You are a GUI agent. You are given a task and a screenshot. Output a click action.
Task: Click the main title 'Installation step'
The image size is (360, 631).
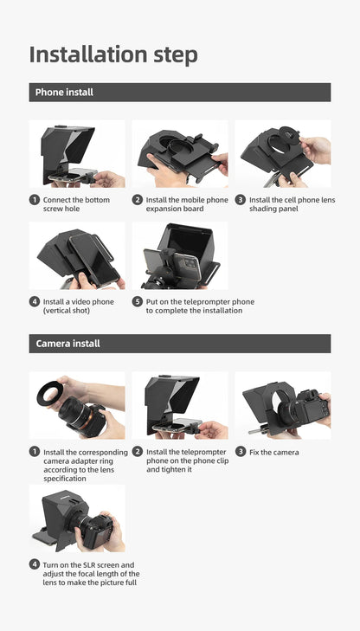(113, 54)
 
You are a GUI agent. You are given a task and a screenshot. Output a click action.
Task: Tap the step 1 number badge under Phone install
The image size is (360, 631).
(35, 200)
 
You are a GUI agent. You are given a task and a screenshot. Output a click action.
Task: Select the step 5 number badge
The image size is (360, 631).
(137, 302)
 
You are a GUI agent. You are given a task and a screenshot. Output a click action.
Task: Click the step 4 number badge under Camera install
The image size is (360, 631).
(35, 564)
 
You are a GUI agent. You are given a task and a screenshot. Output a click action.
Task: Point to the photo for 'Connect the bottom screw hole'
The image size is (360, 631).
(77, 153)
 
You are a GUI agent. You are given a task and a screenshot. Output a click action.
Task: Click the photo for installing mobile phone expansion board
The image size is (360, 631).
(180, 153)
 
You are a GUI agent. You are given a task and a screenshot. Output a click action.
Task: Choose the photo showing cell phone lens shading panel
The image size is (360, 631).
(283, 153)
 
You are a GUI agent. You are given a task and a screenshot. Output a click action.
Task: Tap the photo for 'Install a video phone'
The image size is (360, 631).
(77, 255)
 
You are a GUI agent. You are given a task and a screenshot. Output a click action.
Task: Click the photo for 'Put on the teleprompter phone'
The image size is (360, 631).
(180, 255)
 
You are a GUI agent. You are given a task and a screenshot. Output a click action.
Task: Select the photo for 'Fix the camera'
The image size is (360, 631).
(283, 405)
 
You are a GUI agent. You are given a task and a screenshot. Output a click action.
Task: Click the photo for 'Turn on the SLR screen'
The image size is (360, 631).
(77, 518)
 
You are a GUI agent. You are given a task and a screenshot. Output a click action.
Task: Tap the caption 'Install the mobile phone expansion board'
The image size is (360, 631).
(186, 204)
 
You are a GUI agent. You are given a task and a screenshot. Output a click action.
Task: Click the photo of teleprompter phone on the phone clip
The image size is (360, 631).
(180, 405)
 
